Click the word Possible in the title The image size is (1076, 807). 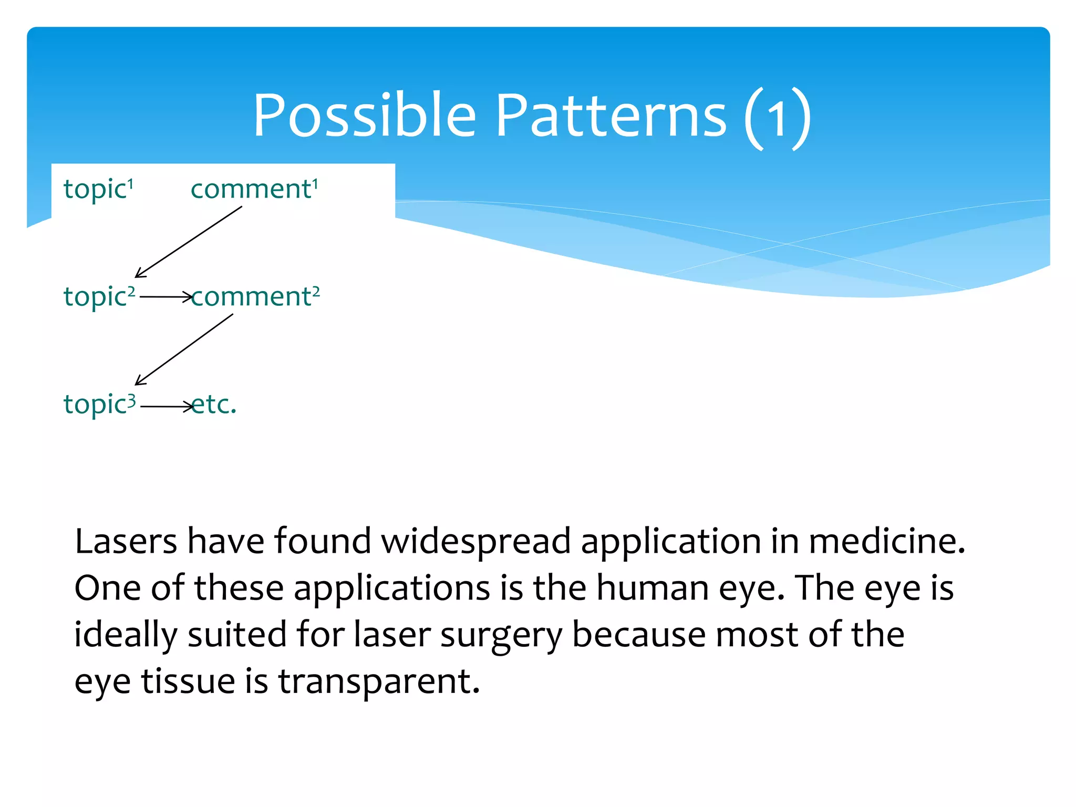[364, 116]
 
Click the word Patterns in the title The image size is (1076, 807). [611, 116]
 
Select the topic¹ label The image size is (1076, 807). [98, 189]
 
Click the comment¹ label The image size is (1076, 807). [254, 189]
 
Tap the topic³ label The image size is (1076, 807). [99, 405]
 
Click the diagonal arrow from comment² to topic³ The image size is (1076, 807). [184, 349]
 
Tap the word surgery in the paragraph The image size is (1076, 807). [501, 635]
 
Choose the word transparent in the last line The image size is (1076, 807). [379, 681]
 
